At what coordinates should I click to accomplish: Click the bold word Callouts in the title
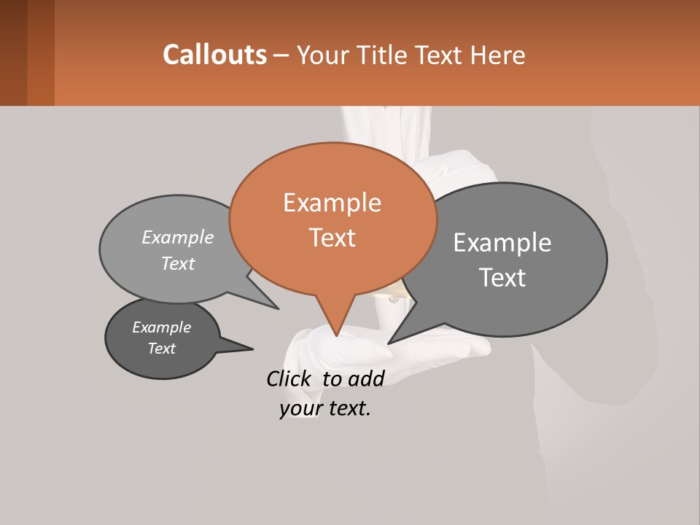214,55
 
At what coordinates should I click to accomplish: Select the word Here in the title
497,55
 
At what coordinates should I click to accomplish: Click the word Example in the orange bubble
332,203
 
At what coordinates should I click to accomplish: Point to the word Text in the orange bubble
332,238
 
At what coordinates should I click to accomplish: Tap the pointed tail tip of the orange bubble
336,335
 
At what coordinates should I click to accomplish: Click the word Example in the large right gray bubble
502,243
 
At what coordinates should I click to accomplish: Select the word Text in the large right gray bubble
502,278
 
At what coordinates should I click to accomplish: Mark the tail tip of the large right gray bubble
389,343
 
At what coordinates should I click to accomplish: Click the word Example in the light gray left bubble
178,238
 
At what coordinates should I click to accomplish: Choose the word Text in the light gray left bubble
178,264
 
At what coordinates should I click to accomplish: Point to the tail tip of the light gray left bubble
278,308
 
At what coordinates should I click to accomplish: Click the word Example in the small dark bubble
162,327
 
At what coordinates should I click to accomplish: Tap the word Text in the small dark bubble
162,349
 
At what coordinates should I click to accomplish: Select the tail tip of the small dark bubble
252,349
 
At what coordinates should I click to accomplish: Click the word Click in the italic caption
289,378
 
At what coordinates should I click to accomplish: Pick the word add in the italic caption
365,378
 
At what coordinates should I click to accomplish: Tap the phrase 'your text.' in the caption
325,408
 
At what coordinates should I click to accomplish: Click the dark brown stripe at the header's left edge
13,52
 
